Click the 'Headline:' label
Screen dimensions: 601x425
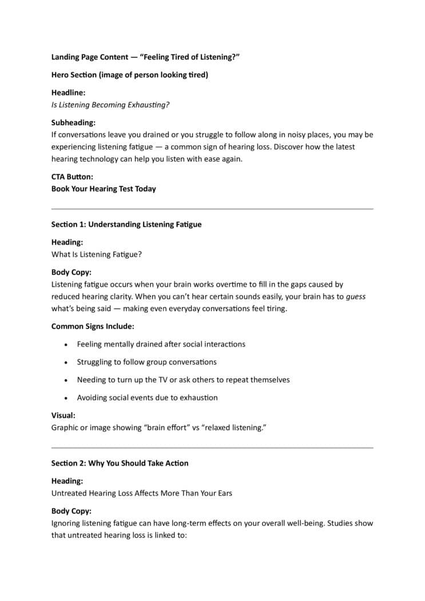click(x=68, y=93)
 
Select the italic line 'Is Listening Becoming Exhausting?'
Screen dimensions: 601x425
click(x=110, y=105)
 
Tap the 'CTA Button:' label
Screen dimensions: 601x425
click(x=72, y=177)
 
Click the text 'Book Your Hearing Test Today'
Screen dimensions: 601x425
click(x=104, y=189)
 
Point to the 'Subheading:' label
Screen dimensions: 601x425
click(x=73, y=122)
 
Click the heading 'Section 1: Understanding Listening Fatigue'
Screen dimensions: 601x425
click(x=126, y=224)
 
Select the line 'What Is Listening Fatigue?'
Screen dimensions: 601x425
click(x=96, y=255)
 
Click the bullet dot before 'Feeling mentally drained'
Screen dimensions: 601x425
click(x=66, y=345)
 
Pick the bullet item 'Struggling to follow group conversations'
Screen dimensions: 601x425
click(x=147, y=362)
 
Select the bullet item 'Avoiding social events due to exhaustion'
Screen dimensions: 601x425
click(x=148, y=398)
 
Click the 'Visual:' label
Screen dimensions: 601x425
click(x=63, y=416)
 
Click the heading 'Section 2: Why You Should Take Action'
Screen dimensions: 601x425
click(x=120, y=463)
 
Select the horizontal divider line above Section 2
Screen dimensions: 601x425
click(x=212, y=448)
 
